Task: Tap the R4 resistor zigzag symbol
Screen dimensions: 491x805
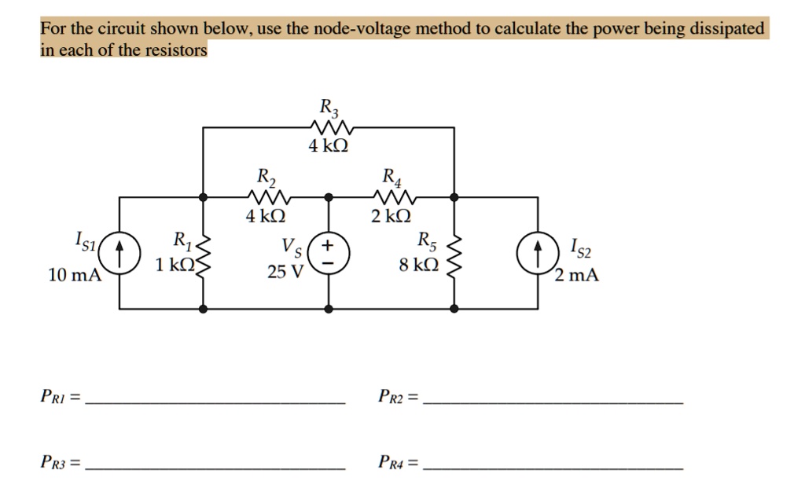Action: (391, 196)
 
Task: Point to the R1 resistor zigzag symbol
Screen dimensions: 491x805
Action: (204, 253)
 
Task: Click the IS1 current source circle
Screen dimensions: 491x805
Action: (119, 253)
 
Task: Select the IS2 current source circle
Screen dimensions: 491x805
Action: (539, 253)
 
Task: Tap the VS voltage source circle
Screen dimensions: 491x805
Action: (329, 253)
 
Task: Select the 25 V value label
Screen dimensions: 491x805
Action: (285, 274)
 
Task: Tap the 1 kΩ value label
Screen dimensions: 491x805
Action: (174, 265)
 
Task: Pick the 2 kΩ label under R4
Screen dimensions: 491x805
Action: (391, 216)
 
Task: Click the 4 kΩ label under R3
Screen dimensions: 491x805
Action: (329, 146)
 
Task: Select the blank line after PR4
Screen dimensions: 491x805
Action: (553, 467)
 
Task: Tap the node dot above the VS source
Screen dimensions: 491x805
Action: (329, 197)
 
